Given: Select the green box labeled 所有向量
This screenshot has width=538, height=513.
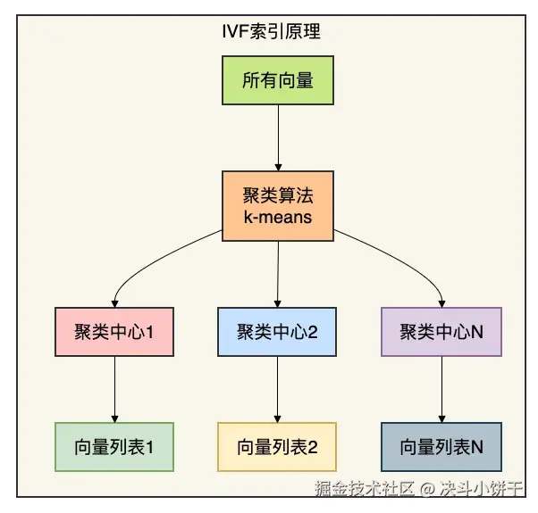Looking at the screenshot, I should (278, 81).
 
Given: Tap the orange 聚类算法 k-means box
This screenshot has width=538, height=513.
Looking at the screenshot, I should (278, 204).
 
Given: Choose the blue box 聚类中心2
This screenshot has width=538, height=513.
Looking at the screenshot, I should (278, 333).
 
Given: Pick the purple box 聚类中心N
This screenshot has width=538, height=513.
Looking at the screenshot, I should (441, 333).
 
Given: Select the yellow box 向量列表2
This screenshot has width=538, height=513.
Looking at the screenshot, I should (278, 447).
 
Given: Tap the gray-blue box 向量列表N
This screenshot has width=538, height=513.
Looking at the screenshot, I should (441, 447).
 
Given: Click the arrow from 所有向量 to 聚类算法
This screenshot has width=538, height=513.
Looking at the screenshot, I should (278, 139).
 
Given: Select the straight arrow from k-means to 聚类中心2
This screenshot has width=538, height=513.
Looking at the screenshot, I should (278, 271).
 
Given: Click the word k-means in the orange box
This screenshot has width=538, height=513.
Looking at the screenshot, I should (278, 216).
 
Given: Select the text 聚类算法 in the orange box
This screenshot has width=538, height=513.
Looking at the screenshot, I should (278, 194).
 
